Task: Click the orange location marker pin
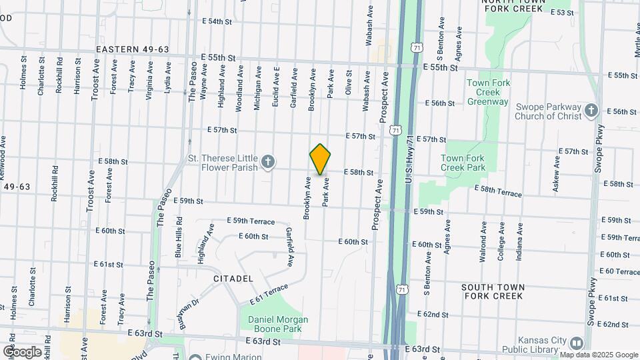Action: pyautogui.click(x=320, y=159)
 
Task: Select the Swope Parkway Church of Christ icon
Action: pyautogui.click(x=591, y=111)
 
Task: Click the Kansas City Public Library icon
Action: pyautogui.click(x=576, y=343)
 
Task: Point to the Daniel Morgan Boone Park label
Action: pyautogui.click(x=278, y=324)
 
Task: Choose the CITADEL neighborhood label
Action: pyautogui.click(x=233, y=278)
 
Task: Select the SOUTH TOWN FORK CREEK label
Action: pyautogui.click(x=494, y=291)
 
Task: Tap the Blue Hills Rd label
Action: pyautogui.click(x=178, y=238)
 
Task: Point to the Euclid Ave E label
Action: pyautogui.click(x=275, y=82)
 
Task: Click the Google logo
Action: pyautogui.click(x=22, y=351)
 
